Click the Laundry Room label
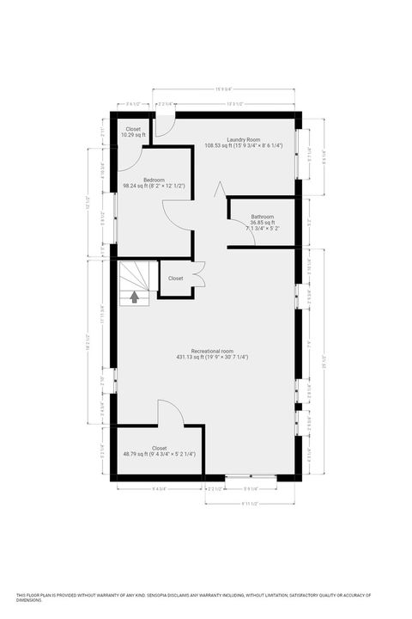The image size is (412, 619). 243,139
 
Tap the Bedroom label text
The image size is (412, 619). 154,180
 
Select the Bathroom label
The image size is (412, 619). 262,217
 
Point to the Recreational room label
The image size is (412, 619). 212,351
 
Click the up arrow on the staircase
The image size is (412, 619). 135,297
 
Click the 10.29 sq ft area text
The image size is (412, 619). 133,136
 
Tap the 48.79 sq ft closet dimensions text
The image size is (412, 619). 160,454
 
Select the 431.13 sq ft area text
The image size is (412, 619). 212,358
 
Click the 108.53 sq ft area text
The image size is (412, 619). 243,145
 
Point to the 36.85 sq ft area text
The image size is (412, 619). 262,223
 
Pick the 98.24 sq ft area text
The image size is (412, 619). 154,186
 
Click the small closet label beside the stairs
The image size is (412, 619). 175,279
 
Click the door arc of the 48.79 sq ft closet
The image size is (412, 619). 168,410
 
